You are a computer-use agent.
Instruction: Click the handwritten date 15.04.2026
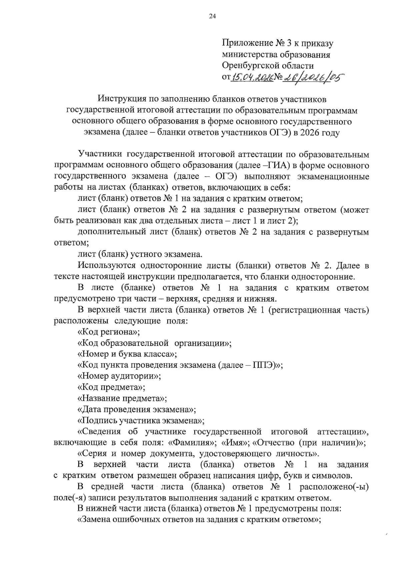pyautogui.click(x=252, y=78)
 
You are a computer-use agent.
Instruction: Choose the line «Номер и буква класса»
pyautogui.click(x=127, y=354)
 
